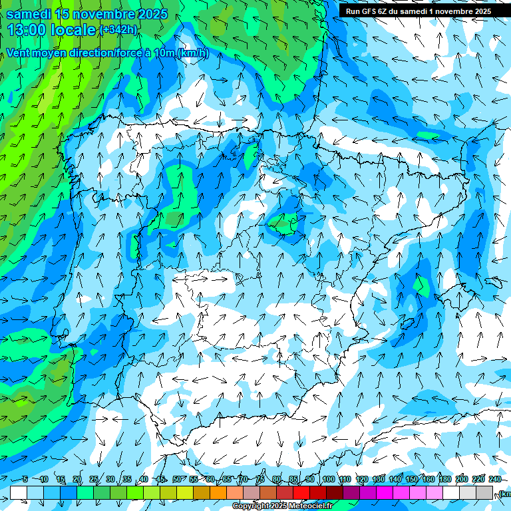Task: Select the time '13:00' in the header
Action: coord(29,29)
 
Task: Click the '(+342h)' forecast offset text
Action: coord(118,30)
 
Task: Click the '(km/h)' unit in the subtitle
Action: coord(193,53)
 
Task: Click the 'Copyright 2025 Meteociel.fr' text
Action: coord(282,506)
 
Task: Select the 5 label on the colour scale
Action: coord(25,480)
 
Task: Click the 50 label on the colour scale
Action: coord(177,480)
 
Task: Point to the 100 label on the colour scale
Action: coord(328,480)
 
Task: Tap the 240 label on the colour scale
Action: coord(494,480)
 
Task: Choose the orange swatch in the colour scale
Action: coord(218,492)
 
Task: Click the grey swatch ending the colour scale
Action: coord(484,492)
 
